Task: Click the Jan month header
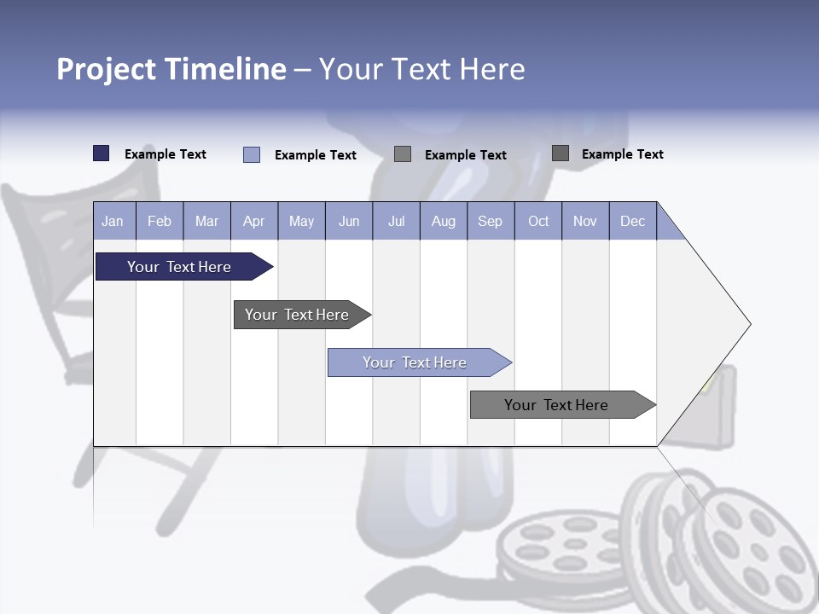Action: (x=113, y=221)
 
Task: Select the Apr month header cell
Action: (x=254, y=221)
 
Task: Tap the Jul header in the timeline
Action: (x=396, y=221)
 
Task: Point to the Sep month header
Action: (x=490, y=221)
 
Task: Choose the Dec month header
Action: (x=632, y=221)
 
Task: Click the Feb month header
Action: (x=160, y=221)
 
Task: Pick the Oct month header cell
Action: (x=538, y=221)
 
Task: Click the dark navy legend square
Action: (x=101, y=153)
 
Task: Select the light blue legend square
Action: (x=252, y=154)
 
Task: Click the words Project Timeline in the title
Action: (x=171, y=69)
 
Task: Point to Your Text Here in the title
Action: (x=421, y=69)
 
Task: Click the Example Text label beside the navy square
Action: (x=166, y=154)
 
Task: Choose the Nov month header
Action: (x=585, y=221)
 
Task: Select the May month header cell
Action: (x=301, y=221)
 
